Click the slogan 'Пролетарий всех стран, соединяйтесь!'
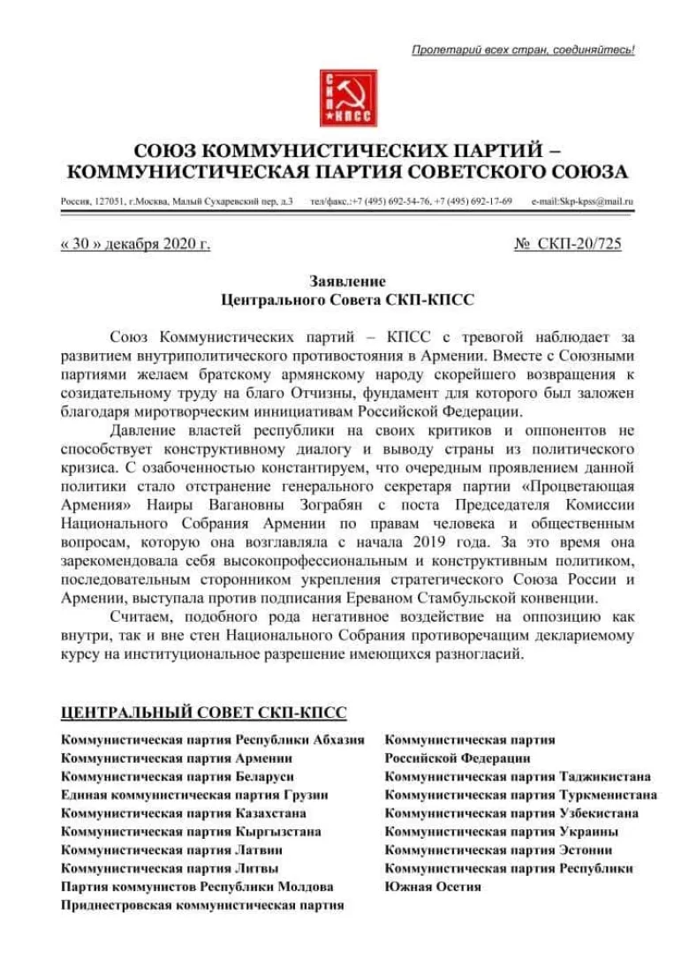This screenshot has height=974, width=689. point(523,50)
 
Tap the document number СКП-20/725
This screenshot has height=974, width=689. point(579,244)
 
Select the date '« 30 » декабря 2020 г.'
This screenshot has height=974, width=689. point(135,244)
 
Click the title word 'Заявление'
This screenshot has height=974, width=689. point(347,282)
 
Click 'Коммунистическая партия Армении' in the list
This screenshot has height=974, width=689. point(177,758)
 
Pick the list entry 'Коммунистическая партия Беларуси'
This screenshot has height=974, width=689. point(178,776)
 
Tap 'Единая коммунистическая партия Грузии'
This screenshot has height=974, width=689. point(194,795)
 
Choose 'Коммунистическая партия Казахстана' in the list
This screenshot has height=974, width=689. point(184,813)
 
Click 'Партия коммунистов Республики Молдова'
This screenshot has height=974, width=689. point(197,887)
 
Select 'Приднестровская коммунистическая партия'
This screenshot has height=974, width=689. point(202,905)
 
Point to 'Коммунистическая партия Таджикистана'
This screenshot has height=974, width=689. point(518,776)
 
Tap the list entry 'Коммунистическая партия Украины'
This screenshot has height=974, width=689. point(501,831)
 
